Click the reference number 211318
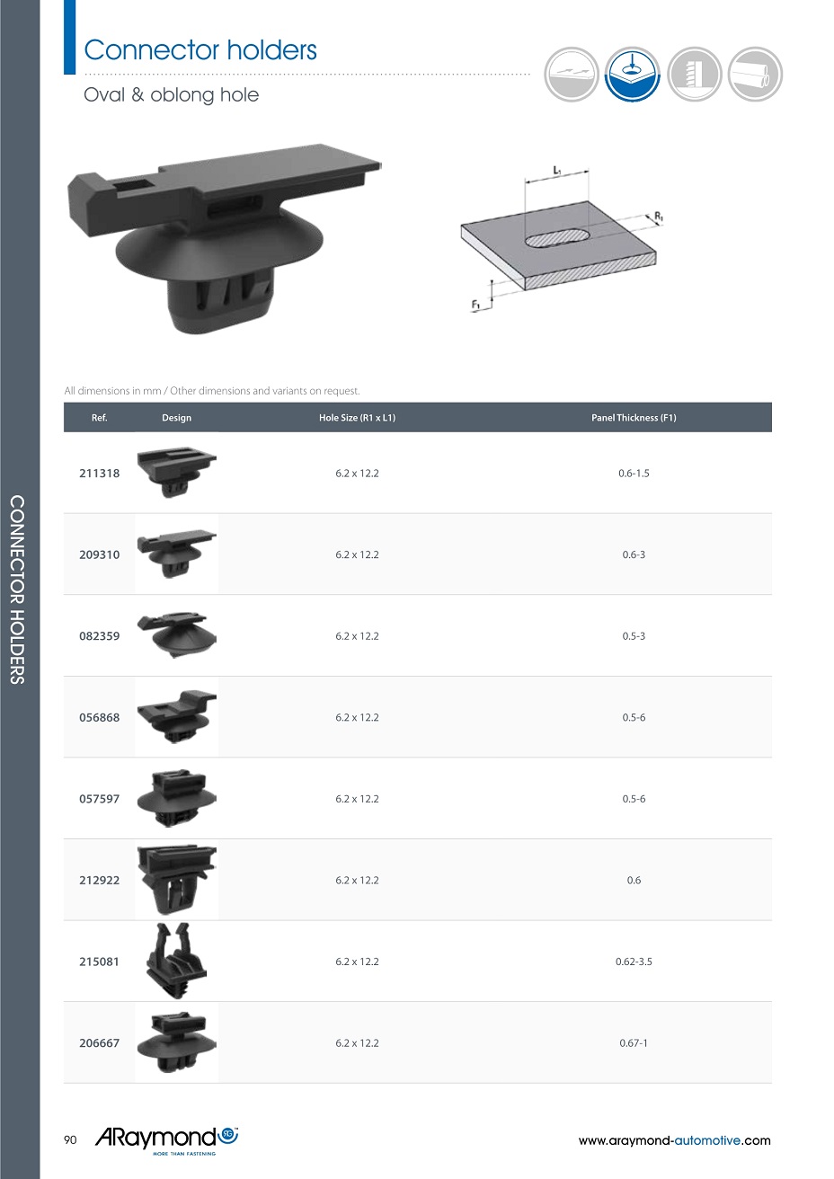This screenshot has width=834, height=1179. click(x=99, y=474)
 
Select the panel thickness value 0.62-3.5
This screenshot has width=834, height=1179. click(x=634, y=962)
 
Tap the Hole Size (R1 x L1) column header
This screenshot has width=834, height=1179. click(x=357, y=417)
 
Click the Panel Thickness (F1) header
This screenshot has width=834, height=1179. click(x=634, y=417)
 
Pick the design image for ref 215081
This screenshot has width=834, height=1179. click(x=176, y=961)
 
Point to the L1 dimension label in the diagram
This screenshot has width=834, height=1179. click(x=557, y=170)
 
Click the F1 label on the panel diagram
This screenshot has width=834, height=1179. click(x=475, y=305)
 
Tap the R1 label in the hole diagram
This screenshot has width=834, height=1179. click(x=659, y=216)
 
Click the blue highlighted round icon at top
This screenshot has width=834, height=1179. click(x=632, y=75)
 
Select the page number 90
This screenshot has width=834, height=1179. click(x=70, y=1139)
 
